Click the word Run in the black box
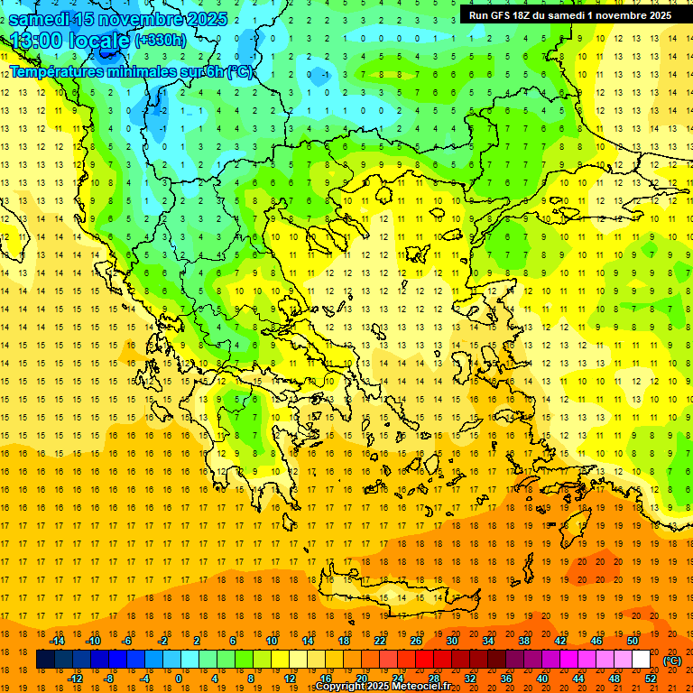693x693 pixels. tap(478, 15)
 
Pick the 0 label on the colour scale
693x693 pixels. tap(179, 679)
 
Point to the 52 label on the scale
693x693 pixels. tap(650, 679)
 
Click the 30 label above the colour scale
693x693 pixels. tap(451, 641)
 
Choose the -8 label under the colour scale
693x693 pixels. tap(108, 679)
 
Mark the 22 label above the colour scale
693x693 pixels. tap(380, 641)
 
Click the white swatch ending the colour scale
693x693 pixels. tap(641, 660)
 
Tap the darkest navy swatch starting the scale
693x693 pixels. tap(45, 660)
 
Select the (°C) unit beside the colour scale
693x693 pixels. tap(671, 661)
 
